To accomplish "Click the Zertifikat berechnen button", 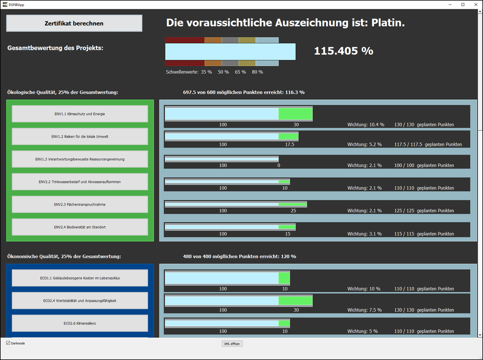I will tap(74, 23).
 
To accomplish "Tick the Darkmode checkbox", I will tap(8, 343).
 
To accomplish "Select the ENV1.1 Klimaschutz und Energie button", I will tap(80, 114).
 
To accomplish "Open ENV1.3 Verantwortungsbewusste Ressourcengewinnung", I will tap(80, 159).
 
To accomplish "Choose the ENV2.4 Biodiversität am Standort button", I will tap(80, 227).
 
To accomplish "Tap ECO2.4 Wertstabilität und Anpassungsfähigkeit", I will tap(80, 300).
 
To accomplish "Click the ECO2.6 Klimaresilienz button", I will tap(80, 323).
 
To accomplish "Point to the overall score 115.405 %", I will tap(343, 51).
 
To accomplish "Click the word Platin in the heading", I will tap(387, 23).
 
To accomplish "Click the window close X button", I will tap(475, 4).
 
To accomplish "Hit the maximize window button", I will tap(463, 4).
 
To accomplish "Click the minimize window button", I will tap(449, 4).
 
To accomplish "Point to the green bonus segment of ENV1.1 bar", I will tap(295, 114).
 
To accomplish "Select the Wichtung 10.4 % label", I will tap(365, 124).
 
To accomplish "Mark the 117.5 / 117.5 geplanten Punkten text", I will tap(428, 144).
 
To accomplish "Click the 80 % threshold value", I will tap(257, 71).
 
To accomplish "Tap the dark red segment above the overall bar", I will tap(185, 40).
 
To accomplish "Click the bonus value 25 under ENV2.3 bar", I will tap(293, 211).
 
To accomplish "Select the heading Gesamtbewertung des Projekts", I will tap(55, 48).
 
